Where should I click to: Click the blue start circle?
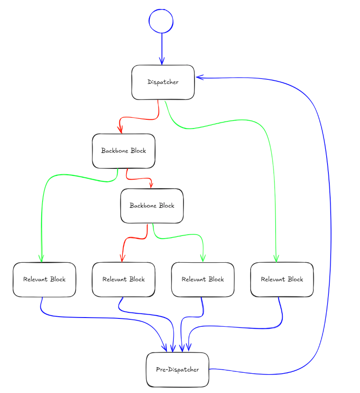161,21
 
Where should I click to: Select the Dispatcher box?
163,82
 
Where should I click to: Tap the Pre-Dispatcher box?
177,369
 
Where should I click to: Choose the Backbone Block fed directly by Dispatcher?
123,150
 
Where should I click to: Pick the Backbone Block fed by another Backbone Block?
152,205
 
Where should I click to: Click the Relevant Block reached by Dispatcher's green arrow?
282,279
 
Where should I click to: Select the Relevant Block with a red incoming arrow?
123,279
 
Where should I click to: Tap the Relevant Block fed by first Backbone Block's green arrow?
44,279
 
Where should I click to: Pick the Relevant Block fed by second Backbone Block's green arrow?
203,279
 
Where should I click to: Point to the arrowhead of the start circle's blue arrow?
162,62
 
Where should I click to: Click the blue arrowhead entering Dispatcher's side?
198,78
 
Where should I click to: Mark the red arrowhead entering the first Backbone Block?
120,130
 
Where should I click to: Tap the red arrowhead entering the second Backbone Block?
151,186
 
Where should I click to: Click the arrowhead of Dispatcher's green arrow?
276,259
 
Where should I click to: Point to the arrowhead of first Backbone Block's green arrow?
42,259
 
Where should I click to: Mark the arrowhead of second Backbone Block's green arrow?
203,259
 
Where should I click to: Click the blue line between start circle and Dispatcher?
162,46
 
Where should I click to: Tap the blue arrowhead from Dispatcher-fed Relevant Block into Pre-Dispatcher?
189,349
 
